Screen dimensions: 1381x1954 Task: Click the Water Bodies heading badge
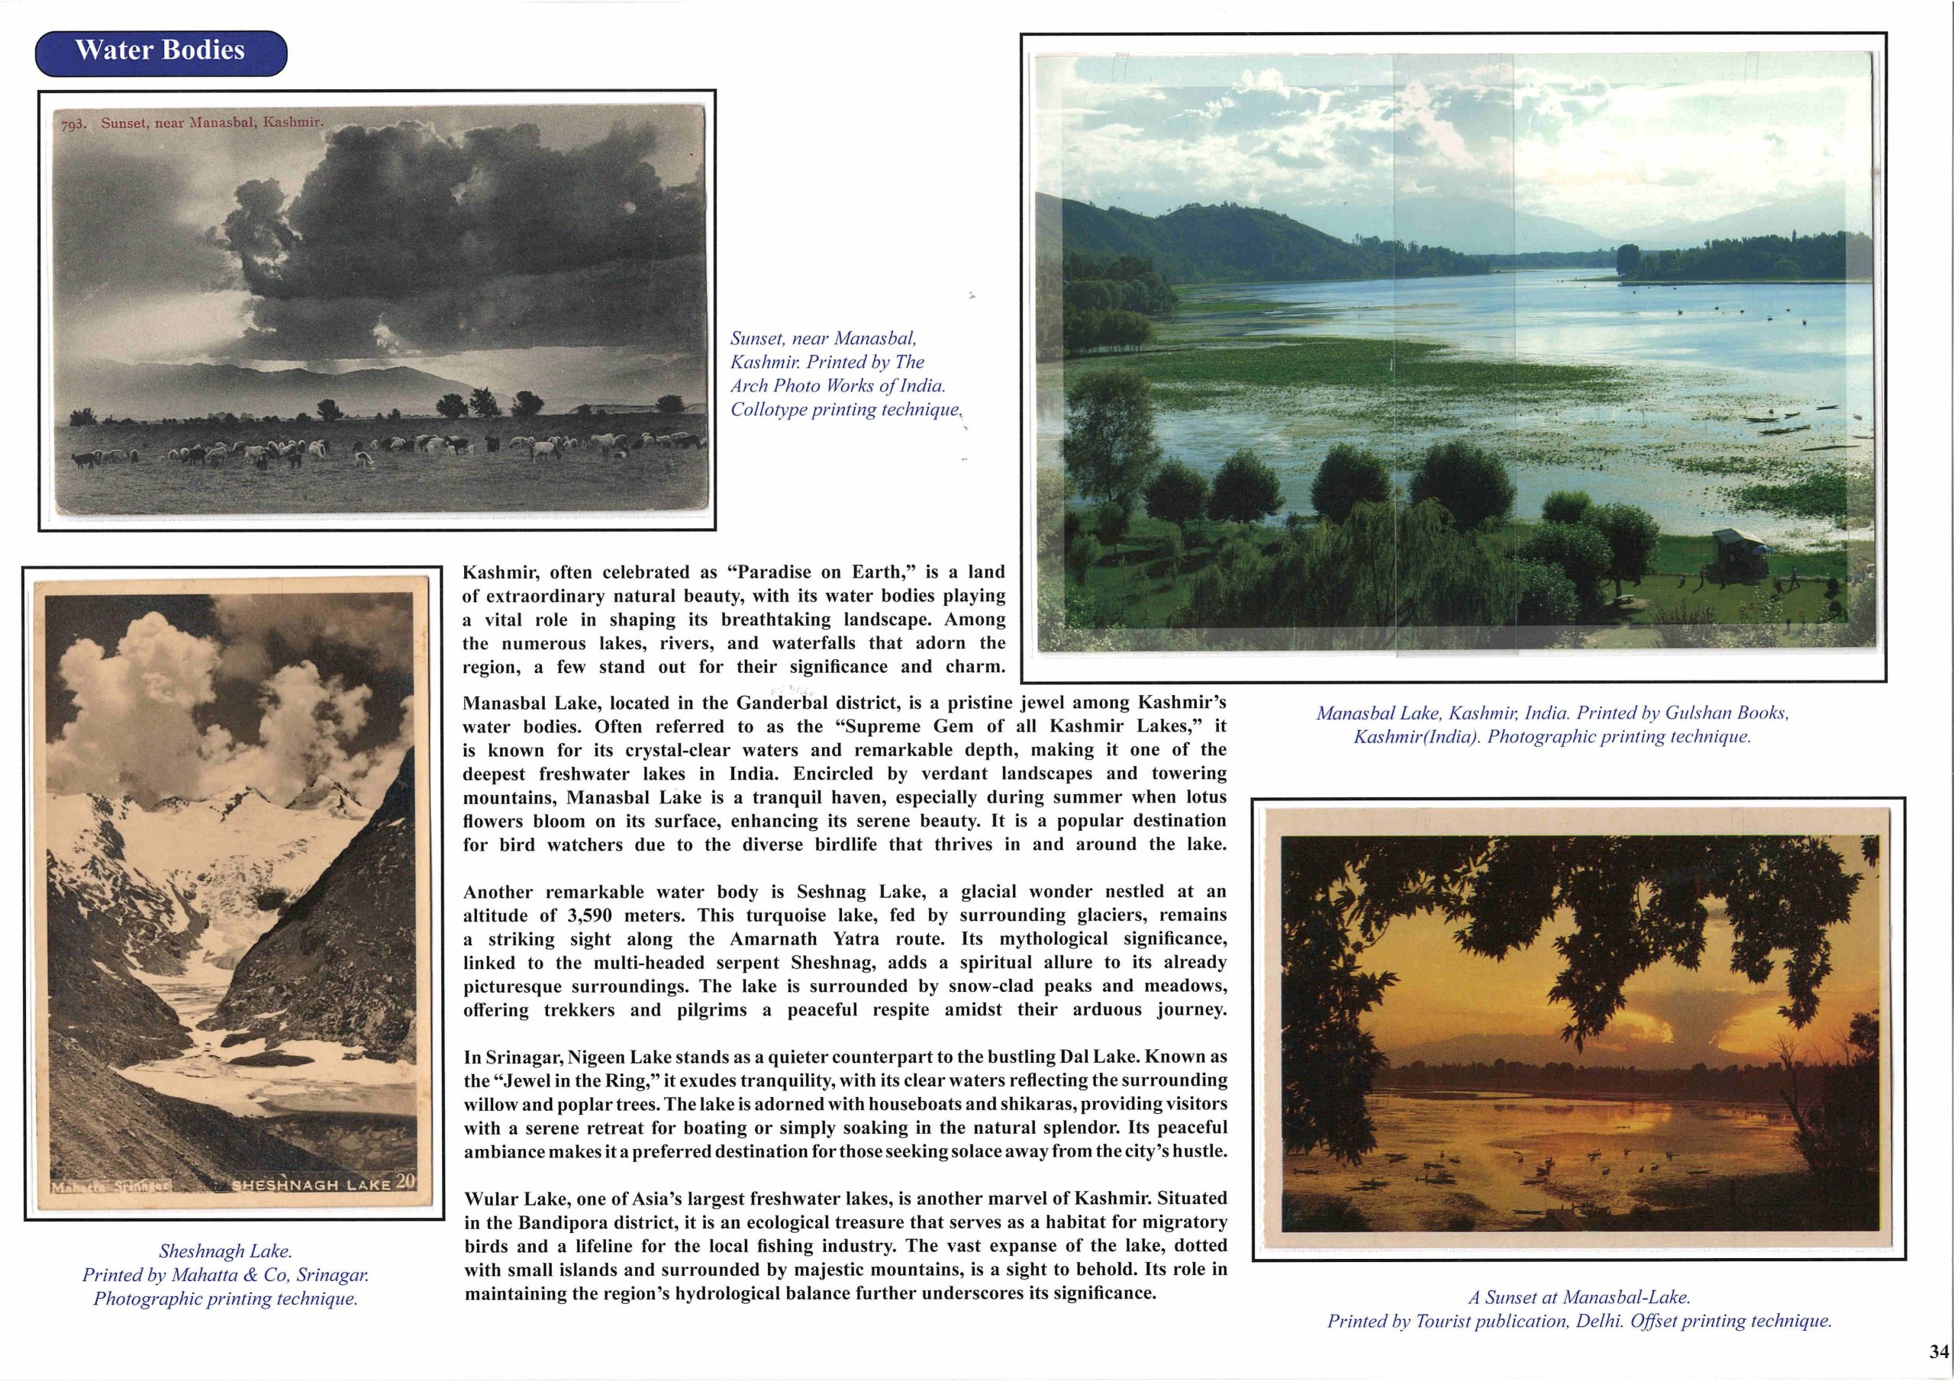point(160,50)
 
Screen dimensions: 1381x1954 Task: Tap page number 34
point(1939,1351)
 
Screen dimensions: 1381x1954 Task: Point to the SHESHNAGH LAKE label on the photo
point(311,1183)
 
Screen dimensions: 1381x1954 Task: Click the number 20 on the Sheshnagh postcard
point(405,1181)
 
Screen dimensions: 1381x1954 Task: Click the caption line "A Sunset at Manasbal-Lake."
point(1578,1298)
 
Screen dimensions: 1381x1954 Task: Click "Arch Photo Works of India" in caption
point(837,385)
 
